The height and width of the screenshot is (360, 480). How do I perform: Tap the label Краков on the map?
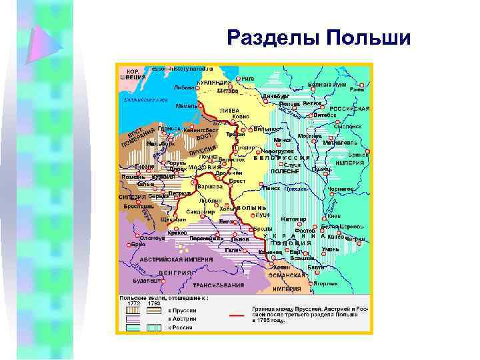pyautogui.click(x=177, y=233)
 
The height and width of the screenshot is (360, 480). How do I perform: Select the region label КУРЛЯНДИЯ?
pyautogui.click(x=213, y=83)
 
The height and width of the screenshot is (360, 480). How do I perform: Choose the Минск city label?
pyautogui.click(x=283, y=140)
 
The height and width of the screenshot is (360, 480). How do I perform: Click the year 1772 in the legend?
pyautogui.click(x=134, y=303)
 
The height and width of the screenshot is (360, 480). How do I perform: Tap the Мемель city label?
pyautogui.click(x=186, y=105)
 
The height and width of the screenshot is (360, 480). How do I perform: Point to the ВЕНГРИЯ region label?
pyautogui.click(x=175, y=273)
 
